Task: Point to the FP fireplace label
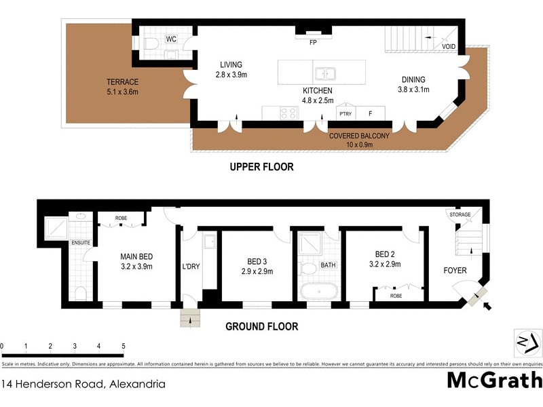pos(313,42)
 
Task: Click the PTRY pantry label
pos(345,113)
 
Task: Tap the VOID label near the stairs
pos(449,47)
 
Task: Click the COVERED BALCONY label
pos(359,136)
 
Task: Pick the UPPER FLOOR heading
pos(261,166)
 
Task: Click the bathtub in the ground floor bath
pos(320,292)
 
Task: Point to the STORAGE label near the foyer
pos(460,215)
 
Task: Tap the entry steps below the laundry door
pos(189,318)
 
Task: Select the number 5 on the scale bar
pos(123,347)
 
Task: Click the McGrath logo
pos(491,380)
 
